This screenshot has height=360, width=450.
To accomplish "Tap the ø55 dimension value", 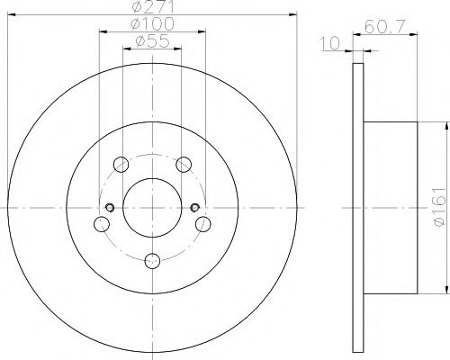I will [150, 40].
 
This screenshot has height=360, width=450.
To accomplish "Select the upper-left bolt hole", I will [120, 164].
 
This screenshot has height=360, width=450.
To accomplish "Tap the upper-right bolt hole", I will [184, 164].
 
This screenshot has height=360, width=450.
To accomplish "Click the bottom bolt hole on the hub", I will [151, 261].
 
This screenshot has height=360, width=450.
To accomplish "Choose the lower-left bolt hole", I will [101, 224].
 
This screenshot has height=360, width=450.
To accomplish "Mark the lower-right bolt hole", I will [202, 224].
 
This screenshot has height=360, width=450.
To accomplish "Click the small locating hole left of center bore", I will [110, 209].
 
